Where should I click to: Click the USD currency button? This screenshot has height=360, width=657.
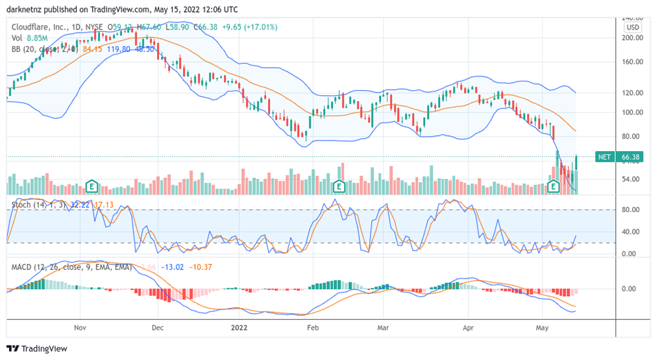coord(633,28)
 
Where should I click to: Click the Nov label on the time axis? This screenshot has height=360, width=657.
coord(80,326)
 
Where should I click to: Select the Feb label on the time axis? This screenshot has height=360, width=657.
coord(313,326)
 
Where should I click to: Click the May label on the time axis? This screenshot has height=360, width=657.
coord(542,326)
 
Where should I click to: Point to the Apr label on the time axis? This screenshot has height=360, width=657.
coord(468,326)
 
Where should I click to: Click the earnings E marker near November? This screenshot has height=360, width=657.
coord(93,187)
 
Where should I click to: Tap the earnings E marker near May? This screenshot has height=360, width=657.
coord(553,187)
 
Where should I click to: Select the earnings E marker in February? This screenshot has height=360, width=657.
coord(339,186)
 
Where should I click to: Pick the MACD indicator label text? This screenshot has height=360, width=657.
coord(24,267)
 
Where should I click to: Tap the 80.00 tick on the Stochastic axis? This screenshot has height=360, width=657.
coord(631,210)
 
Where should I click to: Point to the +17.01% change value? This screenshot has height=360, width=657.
coord(260,27)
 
